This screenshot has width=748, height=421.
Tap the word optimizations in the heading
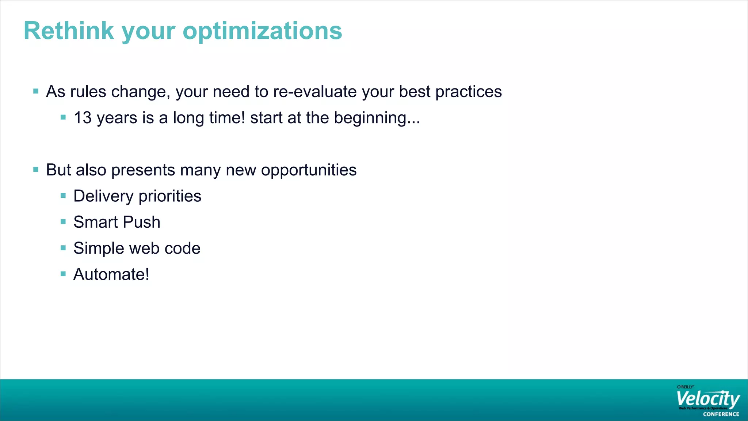pyautogui.click(x=262, y=31)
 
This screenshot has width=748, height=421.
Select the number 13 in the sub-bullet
pyautogui.click(x=83, y=118)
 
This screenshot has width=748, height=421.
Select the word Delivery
pyautogui.click(x=103, y=197)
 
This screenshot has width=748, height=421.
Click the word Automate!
pyautogui.click(x=111, y=274)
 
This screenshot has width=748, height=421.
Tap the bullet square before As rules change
pyautogui.click(x=36, y=91)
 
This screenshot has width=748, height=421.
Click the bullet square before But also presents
pyautogui.click(x=36, y=170)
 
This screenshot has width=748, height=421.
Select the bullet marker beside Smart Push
pyautogui.click(x=63, y=222)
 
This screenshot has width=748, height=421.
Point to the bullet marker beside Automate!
pyautogui.click(x=63, y=274)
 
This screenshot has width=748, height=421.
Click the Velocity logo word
pyautogui.click(x=708, y=399)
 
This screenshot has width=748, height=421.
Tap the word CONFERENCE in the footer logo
pyautogui.click(x=721, y=414)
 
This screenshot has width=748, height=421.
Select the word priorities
pyautogui.click(x=170, y=197)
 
